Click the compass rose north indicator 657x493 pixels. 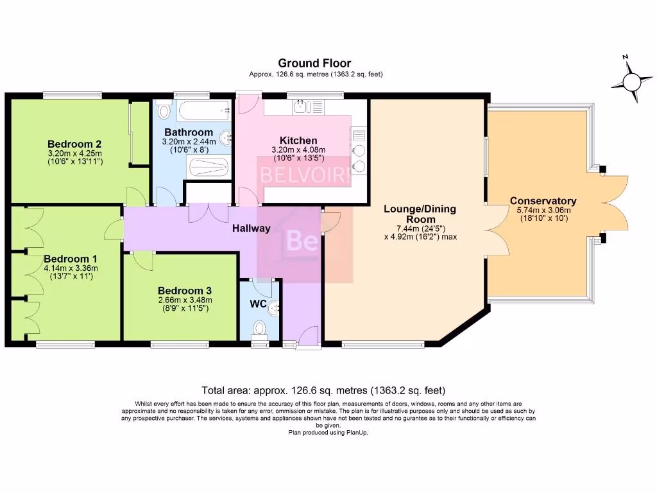(x=632, y=81)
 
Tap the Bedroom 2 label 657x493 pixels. (x=75, y=144)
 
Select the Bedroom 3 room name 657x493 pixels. (x=185, y=289)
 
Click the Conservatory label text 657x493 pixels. (x=543, y=201)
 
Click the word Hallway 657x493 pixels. (x=251, y=228)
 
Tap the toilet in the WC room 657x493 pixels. (x=260, y=329)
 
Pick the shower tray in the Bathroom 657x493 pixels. (x=207, y=169)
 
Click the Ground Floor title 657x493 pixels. (x=314, y=63)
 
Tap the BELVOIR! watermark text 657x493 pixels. (x=305, y=175)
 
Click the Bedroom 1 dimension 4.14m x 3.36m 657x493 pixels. (x=71, y=268)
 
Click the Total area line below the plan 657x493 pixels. (x=323, y=390)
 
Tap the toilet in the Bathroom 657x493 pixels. (x=164, y=110)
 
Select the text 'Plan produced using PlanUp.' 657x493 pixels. (x=328, y=433)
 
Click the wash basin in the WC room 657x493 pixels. (x=275, y=307)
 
